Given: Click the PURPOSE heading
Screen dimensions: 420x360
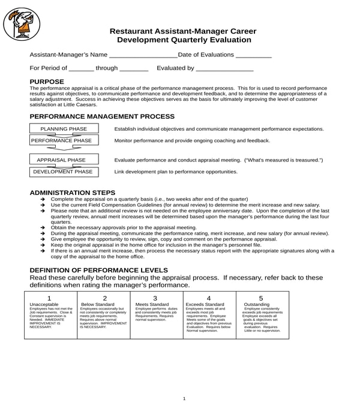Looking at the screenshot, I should click(47, 82).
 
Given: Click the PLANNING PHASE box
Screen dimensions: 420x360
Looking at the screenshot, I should click(64, 129).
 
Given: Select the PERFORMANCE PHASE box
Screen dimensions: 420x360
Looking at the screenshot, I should click(61, 140).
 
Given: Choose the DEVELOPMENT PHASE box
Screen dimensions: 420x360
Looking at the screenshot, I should click(62, 172).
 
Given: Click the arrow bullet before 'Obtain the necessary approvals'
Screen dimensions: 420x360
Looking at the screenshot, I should click(43, 228).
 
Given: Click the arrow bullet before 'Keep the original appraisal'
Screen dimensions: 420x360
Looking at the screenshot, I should click(43, 245).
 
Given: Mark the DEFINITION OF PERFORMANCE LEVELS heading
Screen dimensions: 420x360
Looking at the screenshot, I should click(98, 270).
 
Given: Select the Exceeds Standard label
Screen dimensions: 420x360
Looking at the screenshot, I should click(205, 304).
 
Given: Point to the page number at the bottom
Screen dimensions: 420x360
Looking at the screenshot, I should click(184, 398).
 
